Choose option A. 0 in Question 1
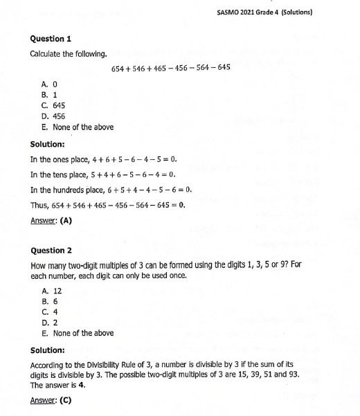point(49,84)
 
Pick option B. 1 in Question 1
point(49,95)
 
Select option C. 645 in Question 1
point(53,106)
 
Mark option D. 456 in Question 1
point(53,116)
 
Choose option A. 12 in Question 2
point(52,291)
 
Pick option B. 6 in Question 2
point(49,302)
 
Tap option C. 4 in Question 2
point(49,312)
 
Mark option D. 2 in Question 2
point(49,323)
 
